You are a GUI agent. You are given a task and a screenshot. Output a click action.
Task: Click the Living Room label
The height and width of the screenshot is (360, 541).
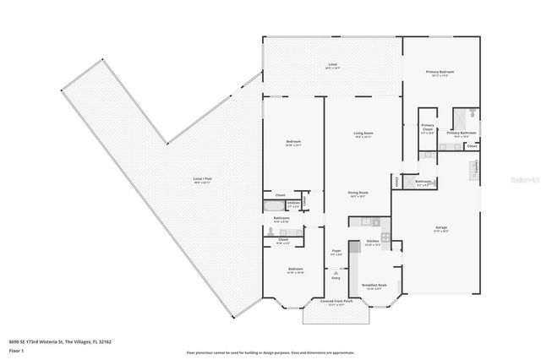363,134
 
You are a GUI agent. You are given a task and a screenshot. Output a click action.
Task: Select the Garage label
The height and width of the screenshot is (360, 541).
440,228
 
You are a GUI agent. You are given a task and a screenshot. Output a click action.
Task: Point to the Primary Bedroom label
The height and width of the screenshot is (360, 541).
440,73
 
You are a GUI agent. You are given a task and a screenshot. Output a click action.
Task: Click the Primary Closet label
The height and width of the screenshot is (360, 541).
427,128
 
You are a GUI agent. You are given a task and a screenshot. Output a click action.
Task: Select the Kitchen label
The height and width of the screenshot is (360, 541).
371,243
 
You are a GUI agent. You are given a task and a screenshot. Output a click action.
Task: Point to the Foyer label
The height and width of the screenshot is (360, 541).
336,251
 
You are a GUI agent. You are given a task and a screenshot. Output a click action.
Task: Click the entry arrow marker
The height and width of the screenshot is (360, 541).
336,273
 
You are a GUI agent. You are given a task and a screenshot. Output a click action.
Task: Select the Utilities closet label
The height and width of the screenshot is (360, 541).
293,204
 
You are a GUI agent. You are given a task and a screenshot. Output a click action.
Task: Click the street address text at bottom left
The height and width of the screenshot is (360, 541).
68,341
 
